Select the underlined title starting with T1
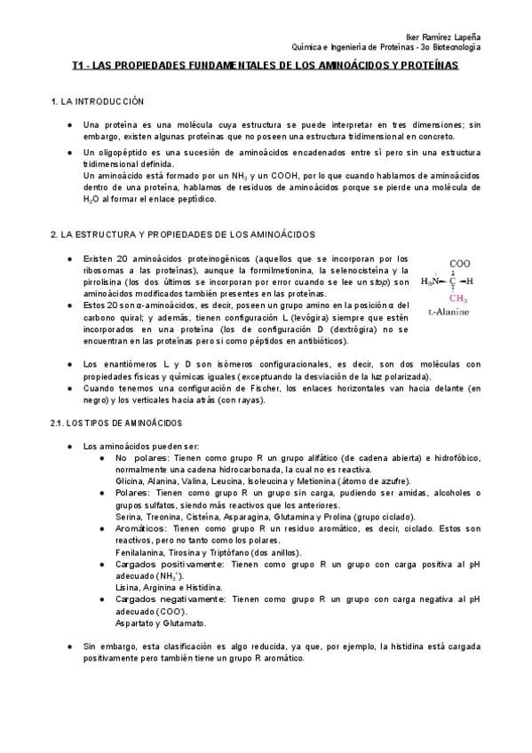(x=266, y=66)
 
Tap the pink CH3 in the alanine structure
(x=458, y=298)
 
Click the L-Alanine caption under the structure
(x=449, y=313)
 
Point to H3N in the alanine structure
(x=432, y=281)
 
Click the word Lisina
(x=128, y=586)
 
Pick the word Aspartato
(x=135, y=624)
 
